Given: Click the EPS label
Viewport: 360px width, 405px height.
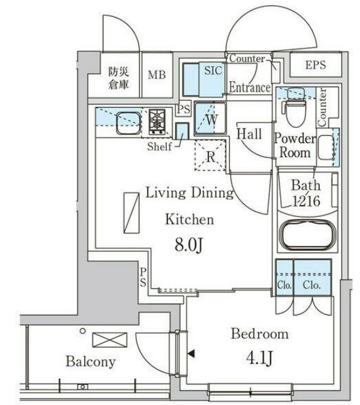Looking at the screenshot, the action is click(x=315, y=65).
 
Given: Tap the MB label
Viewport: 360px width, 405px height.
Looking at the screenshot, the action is click(x=157, y=75).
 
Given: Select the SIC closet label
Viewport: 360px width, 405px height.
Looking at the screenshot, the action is click(x=213, y=70).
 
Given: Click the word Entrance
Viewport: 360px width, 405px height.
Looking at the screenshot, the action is click(x=250, y=87).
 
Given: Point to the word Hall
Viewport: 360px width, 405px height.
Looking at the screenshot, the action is click(x=249, y=134).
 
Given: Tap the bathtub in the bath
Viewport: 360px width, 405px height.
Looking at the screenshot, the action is click(x=307, y=235).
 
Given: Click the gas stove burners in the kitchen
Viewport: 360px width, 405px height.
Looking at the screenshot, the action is click(x=157, y=121).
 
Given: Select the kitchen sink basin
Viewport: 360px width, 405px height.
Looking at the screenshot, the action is click(x=128, y=123).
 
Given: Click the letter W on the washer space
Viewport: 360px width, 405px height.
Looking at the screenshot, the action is click(x=211, y=119).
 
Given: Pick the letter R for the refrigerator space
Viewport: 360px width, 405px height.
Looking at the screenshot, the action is click(x=211, y=157).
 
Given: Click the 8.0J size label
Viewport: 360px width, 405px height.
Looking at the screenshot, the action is click(x=188, y=245).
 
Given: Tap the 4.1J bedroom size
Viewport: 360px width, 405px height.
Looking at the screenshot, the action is click(x=259, y=358).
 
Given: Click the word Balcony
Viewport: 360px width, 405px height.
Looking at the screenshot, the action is click(x=91, y=362).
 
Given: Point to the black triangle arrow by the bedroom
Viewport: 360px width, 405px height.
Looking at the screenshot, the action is click(x=191, y=353).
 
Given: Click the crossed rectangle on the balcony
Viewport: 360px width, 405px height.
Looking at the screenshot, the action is click(x=110, y=340).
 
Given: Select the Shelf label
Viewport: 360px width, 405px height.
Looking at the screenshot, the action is click(x=159, y=147).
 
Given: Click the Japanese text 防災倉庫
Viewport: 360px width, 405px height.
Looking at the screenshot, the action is click(x=118, y=78).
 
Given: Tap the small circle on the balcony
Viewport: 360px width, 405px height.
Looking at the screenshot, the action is click(x=82, y=331).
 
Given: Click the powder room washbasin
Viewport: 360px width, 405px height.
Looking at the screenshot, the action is click(x=326, y=147).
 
